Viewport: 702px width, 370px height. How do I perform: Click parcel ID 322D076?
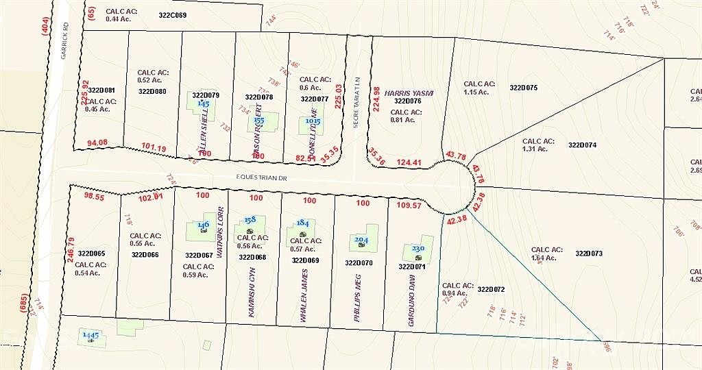[407, 101]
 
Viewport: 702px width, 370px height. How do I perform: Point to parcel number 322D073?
[589, 254]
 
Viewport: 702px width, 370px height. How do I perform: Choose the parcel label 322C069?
[172, 14]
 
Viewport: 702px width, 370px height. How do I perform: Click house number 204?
[361, 240]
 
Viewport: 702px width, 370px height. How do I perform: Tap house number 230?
[417, 249]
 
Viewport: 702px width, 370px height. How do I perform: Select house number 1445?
[90, 335]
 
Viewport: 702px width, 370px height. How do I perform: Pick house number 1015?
[312, 121]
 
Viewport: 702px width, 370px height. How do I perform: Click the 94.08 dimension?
[97, 143]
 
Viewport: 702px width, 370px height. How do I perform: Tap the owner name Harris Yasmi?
[409, 92]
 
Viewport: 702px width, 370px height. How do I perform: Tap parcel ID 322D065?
[91, 254]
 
